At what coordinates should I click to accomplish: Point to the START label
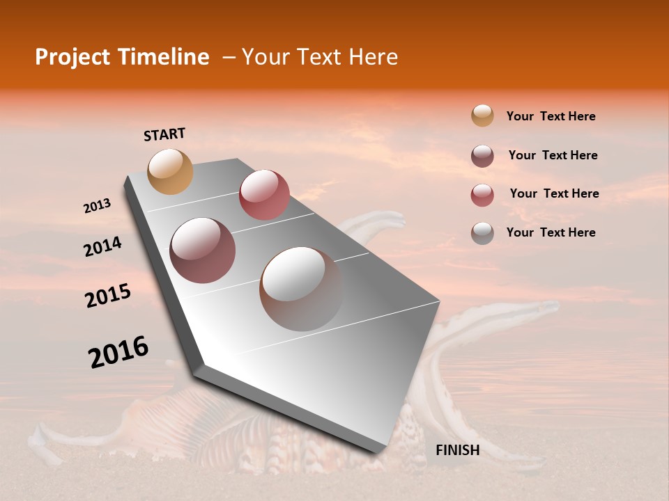point(164,134)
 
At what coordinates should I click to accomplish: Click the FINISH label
point(457,450)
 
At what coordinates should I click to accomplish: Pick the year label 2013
point(97,206)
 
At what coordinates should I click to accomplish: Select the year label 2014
point(102,246)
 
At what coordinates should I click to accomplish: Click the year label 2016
point(118,352)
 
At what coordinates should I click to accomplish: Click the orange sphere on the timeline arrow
point(171,171)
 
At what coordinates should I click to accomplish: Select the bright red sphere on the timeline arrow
point(264,195)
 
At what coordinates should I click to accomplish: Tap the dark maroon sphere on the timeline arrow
point(203,250)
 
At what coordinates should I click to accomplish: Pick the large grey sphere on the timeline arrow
point(301,289)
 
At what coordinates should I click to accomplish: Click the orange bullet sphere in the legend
point(482,116)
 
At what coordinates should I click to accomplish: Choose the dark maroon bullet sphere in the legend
point(482,156)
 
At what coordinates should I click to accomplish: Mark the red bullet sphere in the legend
point(482,195)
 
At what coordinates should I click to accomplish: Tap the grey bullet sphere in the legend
point(482,233)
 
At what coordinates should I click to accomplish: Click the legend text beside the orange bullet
point(551,116)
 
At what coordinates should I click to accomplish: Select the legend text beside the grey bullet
point(551,232)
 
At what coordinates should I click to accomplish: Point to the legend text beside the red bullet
point(554,193)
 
